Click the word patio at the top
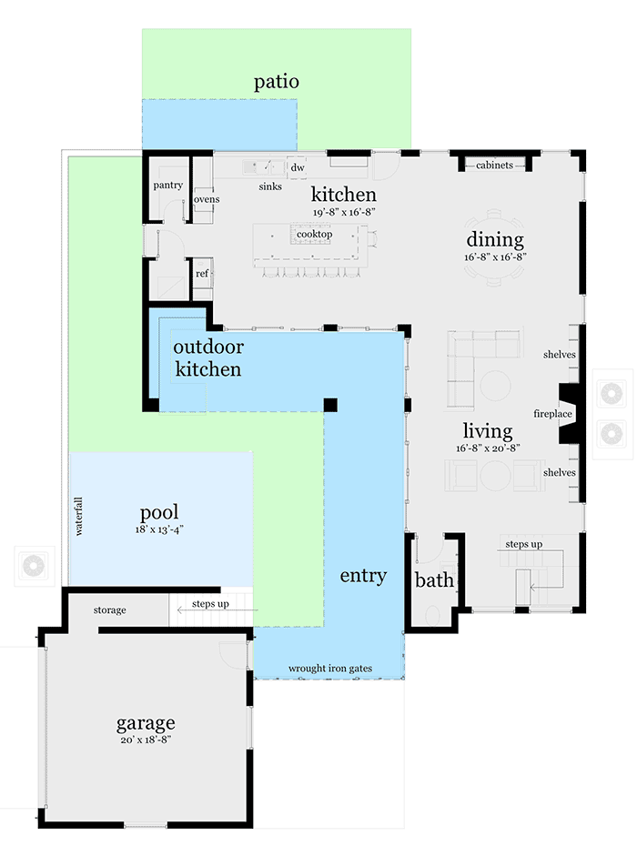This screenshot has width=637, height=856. (x=277, y=82)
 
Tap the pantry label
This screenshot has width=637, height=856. (x=167, y=186)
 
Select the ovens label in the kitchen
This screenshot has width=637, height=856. (x=206, y=199)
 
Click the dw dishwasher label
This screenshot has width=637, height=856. (x=297, y=168)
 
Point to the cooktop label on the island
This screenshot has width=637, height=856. (x=314, y=234)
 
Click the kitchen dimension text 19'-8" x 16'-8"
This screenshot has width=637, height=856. (x=343, y=211)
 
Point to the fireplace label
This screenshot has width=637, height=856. (x=552, y=414)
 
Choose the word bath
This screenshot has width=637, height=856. (x=434, y=580)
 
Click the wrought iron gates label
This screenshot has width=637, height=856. (x=330, y=669)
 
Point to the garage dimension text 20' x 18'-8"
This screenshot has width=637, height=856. (x=146, y=740)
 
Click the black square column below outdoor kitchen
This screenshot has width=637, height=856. (x=330, y=404)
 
